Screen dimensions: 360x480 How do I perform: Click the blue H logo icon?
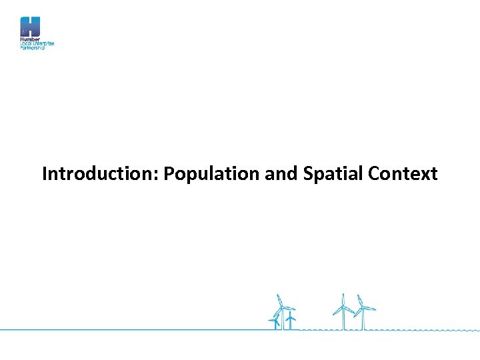[30, 27]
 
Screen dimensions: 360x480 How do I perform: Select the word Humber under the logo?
[30, 40]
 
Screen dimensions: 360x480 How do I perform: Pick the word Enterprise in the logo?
[43, 44]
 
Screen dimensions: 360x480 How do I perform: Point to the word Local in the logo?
[25, 44]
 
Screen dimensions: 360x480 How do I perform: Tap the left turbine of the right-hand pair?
[343, 311]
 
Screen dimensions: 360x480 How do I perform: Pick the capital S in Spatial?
[308, 174]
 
